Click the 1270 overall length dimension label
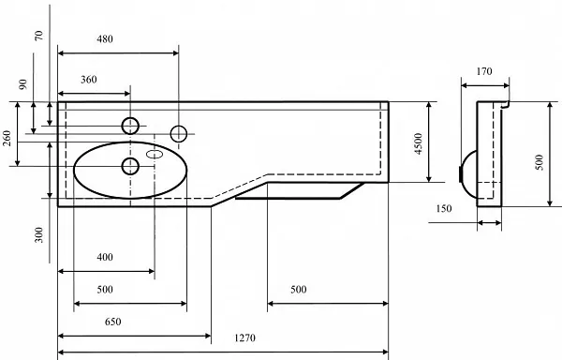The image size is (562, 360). [245, 337]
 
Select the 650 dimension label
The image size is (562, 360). [113, 322]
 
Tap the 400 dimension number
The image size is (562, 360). [105, 257]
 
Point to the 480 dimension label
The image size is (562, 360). [105, 38]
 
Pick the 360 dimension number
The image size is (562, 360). [89, 80]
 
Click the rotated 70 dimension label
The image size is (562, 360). [38, 35]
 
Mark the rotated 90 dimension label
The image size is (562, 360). [22, 84]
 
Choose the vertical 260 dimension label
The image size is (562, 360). [7, 138]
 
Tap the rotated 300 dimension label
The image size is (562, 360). [38, 235]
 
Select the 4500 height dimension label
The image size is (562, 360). [419, 143]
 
